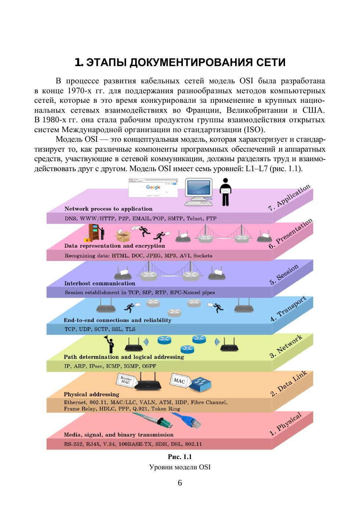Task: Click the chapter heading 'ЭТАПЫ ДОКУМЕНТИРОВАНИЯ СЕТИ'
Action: coord(180,62)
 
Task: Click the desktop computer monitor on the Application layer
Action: coord(198,191)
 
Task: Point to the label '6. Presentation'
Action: coord(291,234)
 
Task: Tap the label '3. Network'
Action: coord(286,346)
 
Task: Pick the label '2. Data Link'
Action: coord(289,384)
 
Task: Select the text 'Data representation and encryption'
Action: coord(115,246)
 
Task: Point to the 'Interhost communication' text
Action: coord(100,284)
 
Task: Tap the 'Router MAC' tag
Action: coord(126,380)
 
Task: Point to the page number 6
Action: coord(180,483)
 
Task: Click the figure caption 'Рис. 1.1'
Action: coord(180,457)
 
